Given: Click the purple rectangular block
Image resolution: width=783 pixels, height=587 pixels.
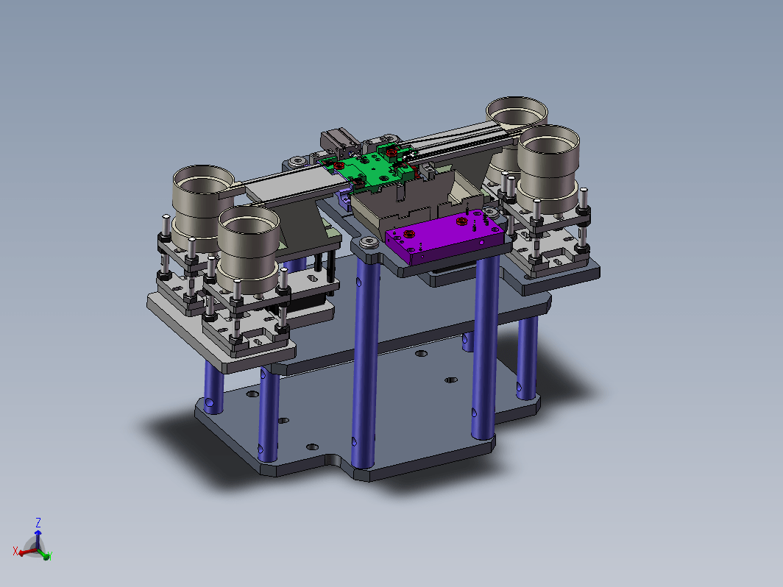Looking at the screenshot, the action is pyautogui.click(x=444, y=237).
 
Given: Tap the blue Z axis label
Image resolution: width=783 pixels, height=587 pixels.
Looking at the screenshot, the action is pyautogui.click(x=38, y=522).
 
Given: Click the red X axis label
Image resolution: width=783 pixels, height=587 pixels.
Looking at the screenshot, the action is pyautogui.click(x=15, y=551).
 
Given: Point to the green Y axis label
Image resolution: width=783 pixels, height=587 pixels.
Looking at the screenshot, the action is pyautogui.click(x=50, y=555).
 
